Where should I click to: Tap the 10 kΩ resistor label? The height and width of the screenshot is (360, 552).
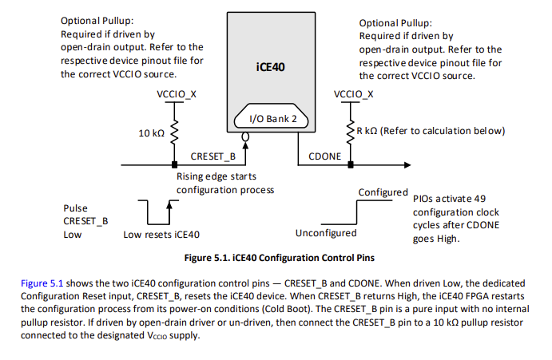point(152,132)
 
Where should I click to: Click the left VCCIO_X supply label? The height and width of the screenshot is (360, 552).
point(175,94)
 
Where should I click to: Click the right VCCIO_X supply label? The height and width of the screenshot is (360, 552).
point(352,94)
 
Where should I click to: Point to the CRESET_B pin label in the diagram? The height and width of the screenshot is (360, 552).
point(213,156)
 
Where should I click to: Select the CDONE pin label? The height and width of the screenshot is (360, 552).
point(324,156)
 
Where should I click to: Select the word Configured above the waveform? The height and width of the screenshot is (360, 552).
point(383,193)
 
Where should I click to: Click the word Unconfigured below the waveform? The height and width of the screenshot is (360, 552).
point(326,234)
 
